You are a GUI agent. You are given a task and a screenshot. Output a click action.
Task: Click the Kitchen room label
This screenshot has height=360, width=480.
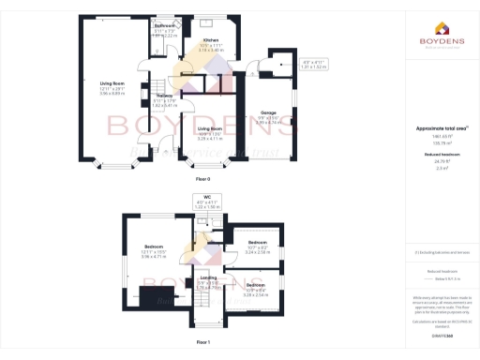[x=211, y=41]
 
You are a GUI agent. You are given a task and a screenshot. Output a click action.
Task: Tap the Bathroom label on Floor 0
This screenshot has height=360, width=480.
[x=165, y=25]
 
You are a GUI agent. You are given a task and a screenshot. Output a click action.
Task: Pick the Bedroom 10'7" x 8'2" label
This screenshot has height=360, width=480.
[x=256, y=244]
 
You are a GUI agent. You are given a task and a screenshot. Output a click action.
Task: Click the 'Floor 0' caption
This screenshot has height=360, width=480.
[x=202, y=177]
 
